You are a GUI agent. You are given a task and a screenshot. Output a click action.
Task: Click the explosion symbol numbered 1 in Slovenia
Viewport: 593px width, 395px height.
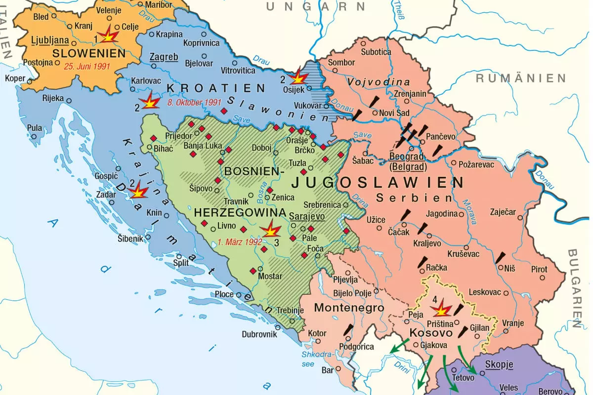108,36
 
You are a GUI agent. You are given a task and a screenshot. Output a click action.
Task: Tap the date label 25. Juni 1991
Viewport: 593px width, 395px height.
87,65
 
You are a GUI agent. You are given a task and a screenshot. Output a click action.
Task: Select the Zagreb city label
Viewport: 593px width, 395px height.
165,57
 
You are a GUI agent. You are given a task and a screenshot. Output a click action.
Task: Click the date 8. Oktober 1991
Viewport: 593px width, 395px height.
194,103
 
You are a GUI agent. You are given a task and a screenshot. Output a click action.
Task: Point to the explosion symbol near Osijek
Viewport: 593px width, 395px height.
298,78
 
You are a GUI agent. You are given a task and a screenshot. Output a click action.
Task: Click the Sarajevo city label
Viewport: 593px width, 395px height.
306,216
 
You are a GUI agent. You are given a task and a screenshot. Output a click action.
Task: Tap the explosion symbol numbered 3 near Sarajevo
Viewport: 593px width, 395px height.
271,230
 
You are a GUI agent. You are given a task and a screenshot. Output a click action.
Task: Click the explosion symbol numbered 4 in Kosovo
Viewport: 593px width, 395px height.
441,310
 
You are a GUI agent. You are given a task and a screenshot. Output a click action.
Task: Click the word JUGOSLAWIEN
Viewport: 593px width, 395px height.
378,183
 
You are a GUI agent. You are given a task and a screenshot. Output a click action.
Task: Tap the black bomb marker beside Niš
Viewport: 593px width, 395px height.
500,258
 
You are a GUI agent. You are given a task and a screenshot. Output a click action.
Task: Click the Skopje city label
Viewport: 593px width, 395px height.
499,365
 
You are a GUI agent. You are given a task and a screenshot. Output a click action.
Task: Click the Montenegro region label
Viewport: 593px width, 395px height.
349,308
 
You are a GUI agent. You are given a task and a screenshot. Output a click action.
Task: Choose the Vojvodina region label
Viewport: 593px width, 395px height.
379,82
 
